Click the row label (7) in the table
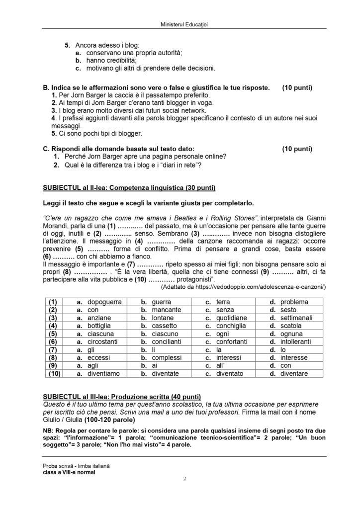click(53, 349)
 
